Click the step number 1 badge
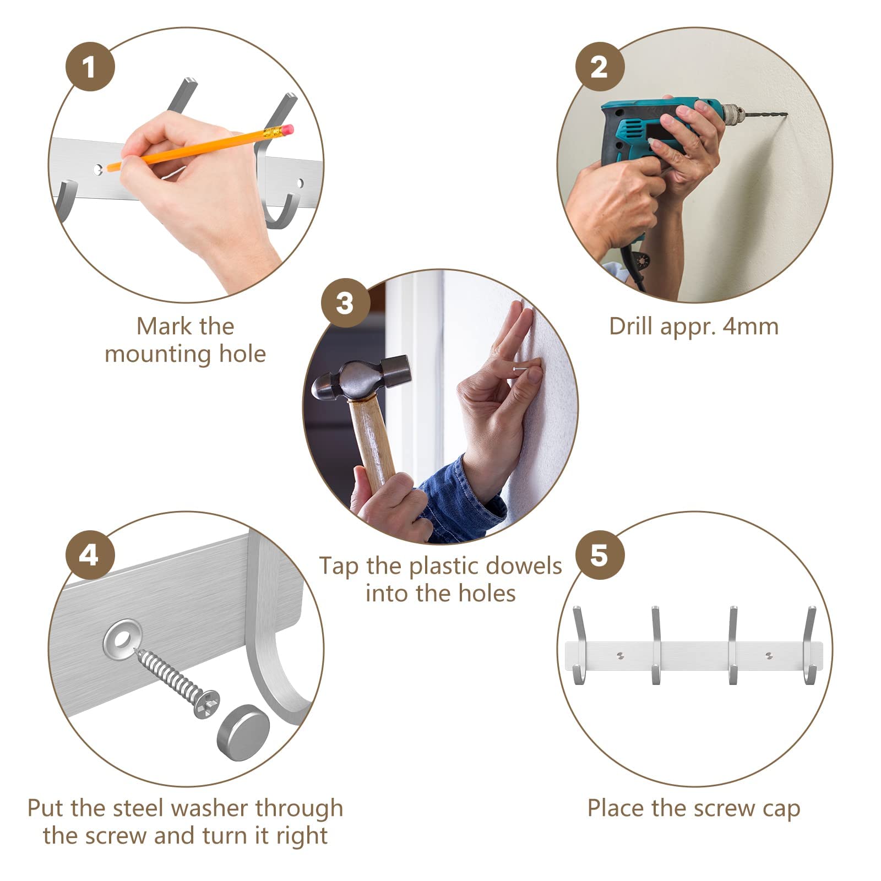pyautogui.click(x=90, y=68)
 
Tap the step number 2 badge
pyautogui.click(x=600, y=68)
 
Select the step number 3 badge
pyautogui.click(x=345, y=303)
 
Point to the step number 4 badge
pyautogui.click(x=90, y=556)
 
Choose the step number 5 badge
pyautogui.click(x=600, y=556)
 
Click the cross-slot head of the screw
pyautogui.click(x=206, y=704)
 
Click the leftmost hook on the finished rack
pyautogui.click(x=578, y=645)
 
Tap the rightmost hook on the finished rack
pyautogui.click(x=809, y=645)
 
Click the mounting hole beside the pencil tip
pyautogui.click(x=98, y=169)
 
